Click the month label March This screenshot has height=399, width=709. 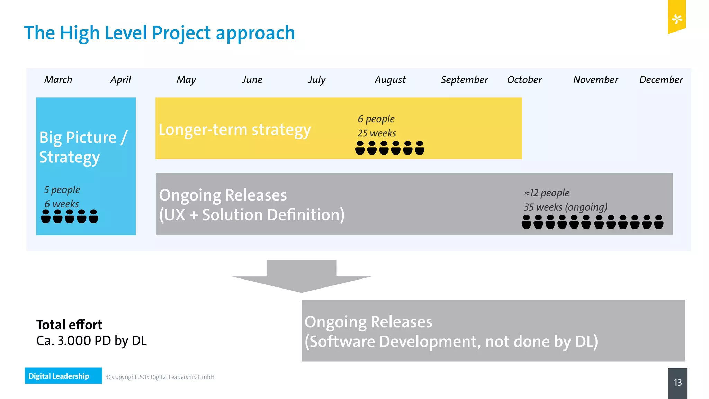pos(58,80)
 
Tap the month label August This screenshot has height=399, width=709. pos(390,80)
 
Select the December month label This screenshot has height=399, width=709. pos(661,80)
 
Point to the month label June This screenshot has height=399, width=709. pos(252,80)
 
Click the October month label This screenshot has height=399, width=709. pos(524,80)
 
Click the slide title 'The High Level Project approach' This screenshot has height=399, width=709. pos(159,33)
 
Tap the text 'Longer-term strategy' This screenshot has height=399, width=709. pos(235,130)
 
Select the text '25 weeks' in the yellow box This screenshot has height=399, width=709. pos(377,133)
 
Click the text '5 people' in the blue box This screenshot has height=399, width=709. pos(62,189)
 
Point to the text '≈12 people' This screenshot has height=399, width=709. pos(547,193)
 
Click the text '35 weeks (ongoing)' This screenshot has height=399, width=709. pos(565,207)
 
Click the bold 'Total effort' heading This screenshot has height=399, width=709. pos(69,325)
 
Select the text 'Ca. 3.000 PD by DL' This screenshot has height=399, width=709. pos(91,340)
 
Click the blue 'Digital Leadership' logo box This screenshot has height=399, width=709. pos(63,376)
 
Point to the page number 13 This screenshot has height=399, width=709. pos(677,382)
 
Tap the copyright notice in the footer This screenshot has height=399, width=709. pos(160,377)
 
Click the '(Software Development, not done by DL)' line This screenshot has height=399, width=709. pos(451,342)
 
